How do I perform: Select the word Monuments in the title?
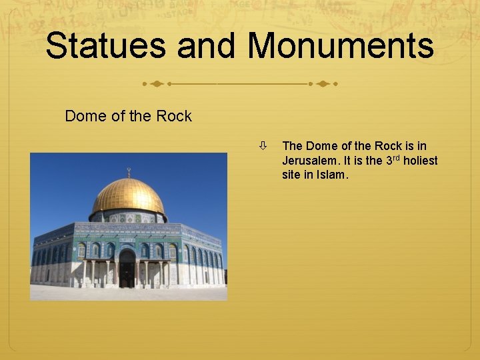(x=341, y=46)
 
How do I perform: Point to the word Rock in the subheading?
(x=174, y=116)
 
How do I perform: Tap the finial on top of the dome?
(x=129, y=172)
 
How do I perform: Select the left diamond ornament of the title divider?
(x=156, y=85)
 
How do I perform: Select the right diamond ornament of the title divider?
(x=323, y=85)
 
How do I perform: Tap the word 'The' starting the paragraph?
(x=293, y=146)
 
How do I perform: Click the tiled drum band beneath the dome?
(x=129, y=217)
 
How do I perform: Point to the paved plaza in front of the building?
(x=127, y=293)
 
